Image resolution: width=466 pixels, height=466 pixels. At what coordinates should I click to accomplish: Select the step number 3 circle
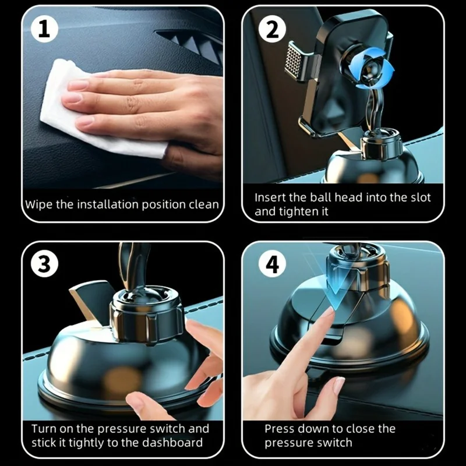point(45,263)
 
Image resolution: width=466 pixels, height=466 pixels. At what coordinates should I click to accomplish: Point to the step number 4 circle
point(273,263)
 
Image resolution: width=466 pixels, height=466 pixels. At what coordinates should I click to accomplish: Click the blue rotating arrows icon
point(372,70)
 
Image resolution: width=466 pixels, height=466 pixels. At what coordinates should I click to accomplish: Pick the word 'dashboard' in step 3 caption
point(172,443)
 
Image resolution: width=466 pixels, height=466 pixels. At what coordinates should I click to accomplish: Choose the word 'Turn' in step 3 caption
point(44,429)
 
